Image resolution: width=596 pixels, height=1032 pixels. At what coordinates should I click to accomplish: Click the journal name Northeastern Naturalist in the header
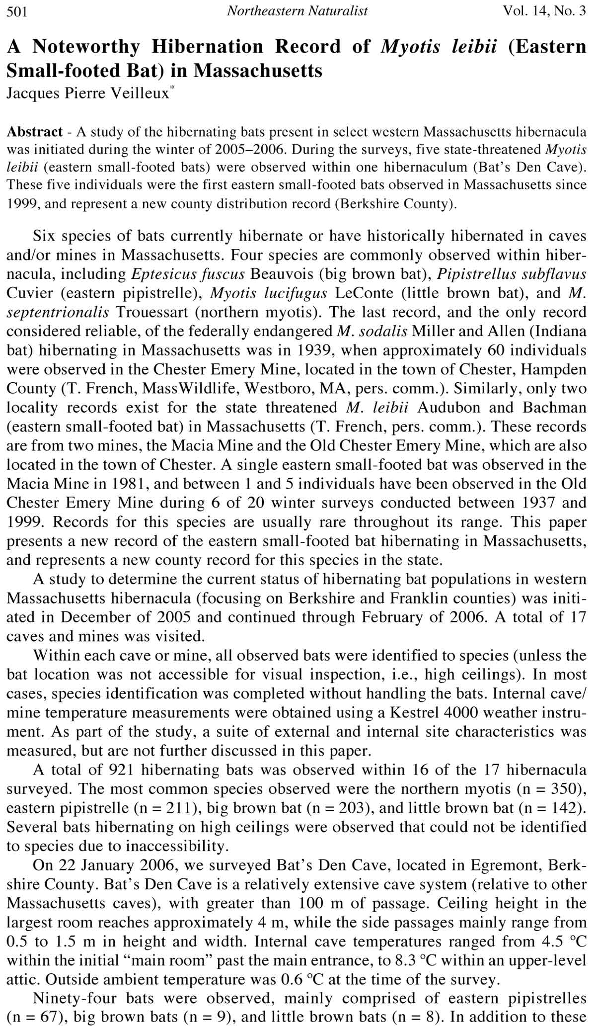point(297,11)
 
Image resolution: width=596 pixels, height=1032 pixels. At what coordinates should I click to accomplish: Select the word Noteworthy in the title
point(87,47)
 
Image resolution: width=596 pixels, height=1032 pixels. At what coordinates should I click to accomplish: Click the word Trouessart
point(157,312)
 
